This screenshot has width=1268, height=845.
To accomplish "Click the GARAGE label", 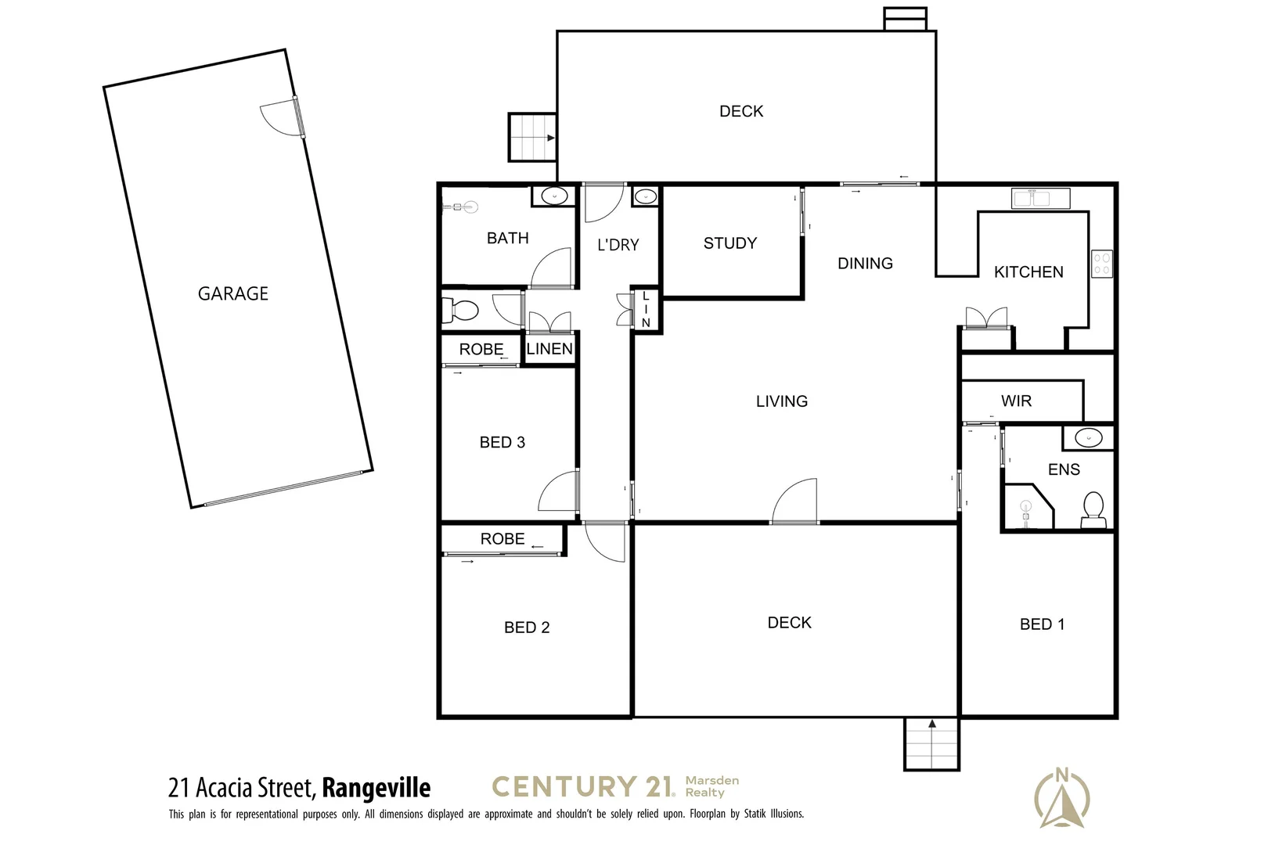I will tap(232, 293).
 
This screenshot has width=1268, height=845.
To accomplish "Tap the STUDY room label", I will tap(729, 243).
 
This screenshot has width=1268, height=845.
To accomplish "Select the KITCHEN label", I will tap(1028, 272).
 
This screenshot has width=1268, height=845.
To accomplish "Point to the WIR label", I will tap(1016, 401).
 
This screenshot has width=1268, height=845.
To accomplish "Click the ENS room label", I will tap(1063, 469).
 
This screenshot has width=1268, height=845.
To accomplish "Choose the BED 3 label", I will tap(502, 443).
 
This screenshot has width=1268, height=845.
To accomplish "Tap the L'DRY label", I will tap(618, 245).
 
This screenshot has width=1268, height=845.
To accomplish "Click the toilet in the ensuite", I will tap(1092, 509).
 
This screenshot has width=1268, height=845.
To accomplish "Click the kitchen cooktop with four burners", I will tap(1101, 264).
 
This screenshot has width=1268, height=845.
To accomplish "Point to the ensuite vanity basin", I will tap(1088, 437).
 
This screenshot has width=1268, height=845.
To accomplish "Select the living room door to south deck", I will tap(795, 502).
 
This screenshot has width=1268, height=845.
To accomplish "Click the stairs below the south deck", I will tap(931, 743).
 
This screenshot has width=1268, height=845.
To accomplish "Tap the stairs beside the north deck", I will tap(532, 138).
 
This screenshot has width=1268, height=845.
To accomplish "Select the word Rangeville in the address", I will tap(376, 787).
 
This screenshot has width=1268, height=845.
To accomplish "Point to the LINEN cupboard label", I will tap(549, 349).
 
